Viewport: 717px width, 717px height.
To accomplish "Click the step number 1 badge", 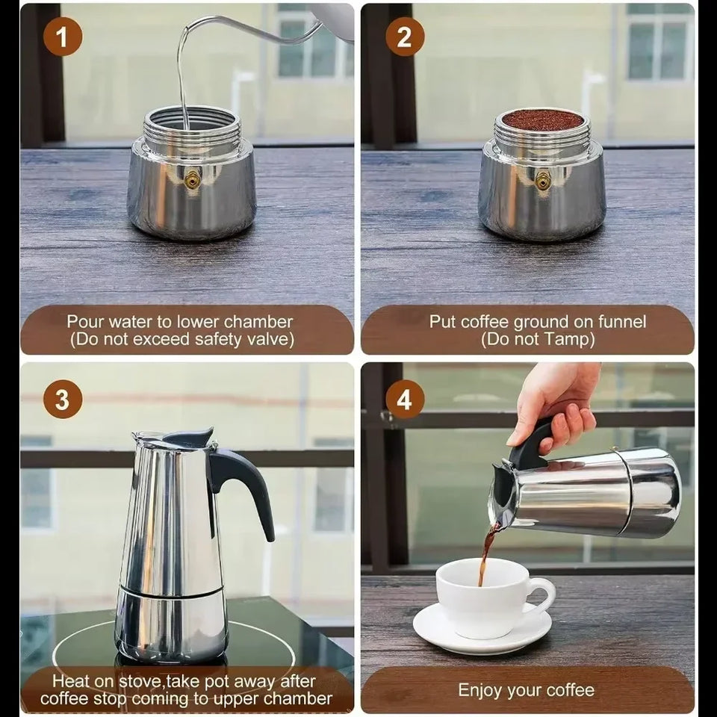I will coord(62,36).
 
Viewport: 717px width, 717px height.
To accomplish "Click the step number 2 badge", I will coord(404,36).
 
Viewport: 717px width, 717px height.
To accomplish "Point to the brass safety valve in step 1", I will coord(193,179).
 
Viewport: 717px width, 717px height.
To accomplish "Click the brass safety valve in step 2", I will coord(542,179).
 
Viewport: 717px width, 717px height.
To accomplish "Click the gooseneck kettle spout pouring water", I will coord(224,30).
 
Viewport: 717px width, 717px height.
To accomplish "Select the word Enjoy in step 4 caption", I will coord(482,689).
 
